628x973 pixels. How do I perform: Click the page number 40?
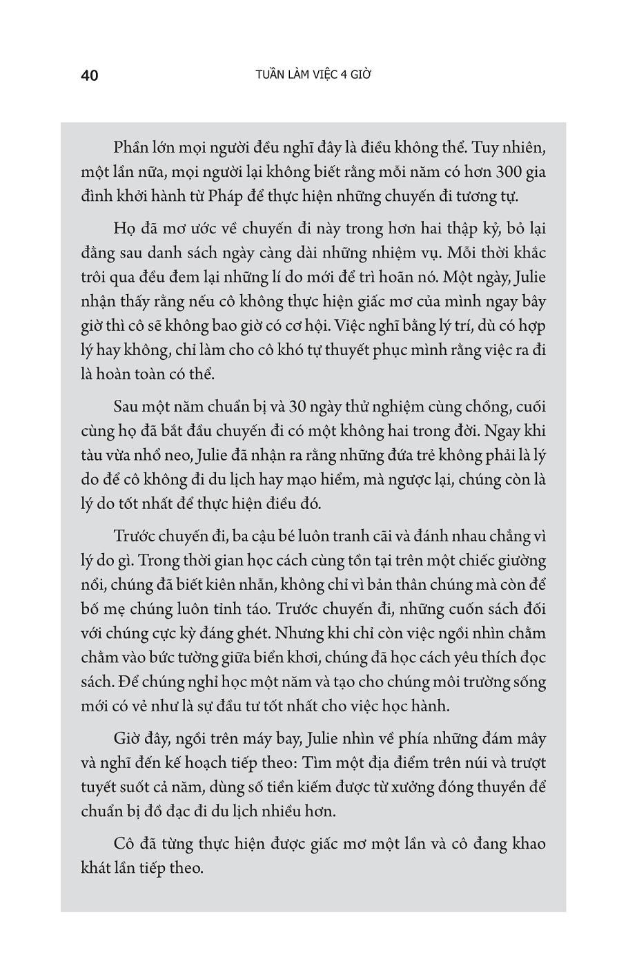90,75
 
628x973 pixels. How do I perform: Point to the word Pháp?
219,196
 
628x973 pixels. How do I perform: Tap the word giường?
522,560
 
